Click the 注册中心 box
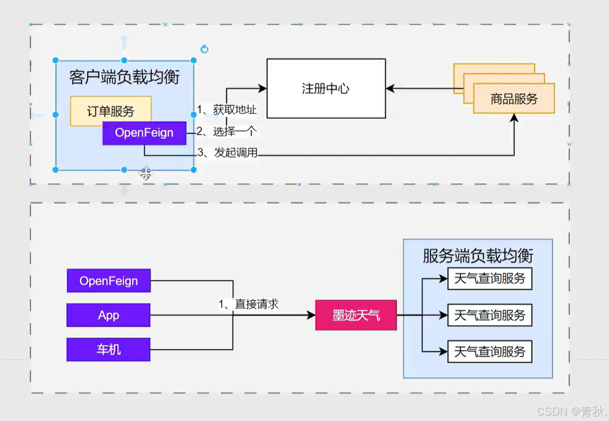coord(326,89)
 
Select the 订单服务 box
coord(111,111)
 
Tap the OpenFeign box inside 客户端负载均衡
coord(144,133)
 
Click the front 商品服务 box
coord(514,99)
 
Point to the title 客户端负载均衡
coord(124,77)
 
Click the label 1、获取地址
coord(227,109)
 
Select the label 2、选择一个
coord(227,132)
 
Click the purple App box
coord(109,315)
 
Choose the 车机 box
coord(109,350)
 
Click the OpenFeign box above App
coord(109,281)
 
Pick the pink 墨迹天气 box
coord(356,315)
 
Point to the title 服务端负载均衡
coord(478,256)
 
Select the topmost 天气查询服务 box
coord(490,279)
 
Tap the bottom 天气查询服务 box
coord(490,351)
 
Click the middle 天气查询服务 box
coord(490,315)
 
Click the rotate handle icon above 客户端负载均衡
coord(204,49)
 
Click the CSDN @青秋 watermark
coord(571,411)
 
